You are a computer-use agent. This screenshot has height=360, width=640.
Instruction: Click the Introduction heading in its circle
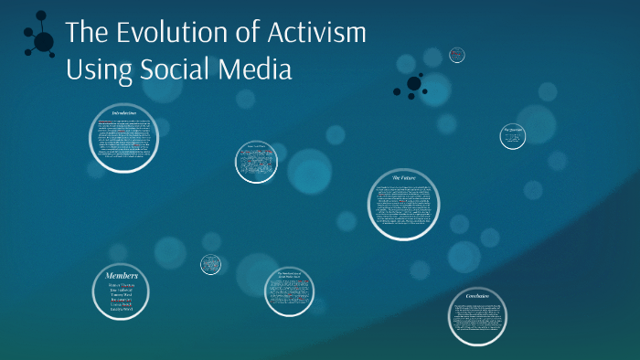point(124,113)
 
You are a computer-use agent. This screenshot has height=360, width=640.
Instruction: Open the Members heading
point(122,275)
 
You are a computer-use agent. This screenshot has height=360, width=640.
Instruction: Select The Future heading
point(403,177)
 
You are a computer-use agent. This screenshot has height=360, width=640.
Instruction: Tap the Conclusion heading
point(476,297)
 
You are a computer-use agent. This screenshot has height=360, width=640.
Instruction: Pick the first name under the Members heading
point(122,286)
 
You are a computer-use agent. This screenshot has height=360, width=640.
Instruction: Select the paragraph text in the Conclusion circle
point(477,321)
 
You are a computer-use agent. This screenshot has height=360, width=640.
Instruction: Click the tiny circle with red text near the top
point(456,55)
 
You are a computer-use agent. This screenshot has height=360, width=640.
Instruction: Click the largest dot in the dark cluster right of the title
point(414,84)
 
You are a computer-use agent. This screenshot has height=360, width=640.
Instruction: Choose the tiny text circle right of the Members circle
point(210,264)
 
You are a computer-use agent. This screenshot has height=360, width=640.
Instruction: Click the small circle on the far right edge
point(512,138)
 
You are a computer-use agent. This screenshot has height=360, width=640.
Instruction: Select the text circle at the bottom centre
point(289,291)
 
